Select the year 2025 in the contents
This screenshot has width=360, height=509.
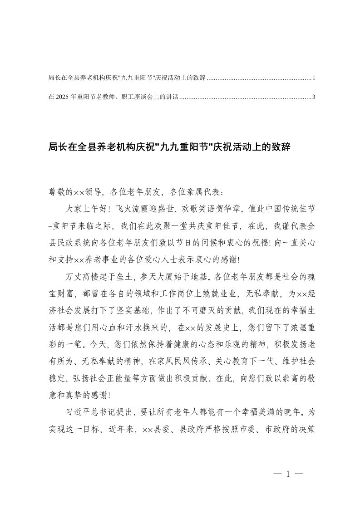[63, 97]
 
